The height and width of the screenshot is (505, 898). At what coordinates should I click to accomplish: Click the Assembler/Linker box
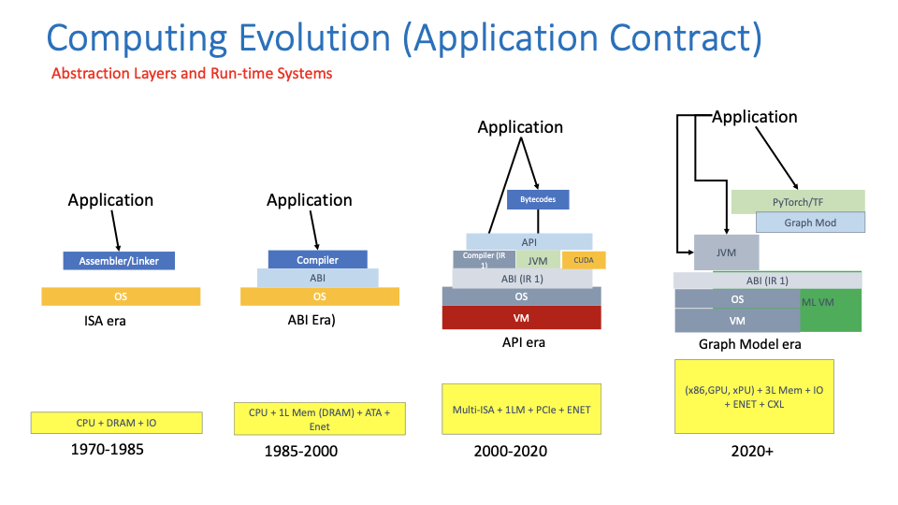[119, 261]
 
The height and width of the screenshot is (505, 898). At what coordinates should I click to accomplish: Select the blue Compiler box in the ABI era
[317, 259]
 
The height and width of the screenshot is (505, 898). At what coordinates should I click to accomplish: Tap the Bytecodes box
[537, 199]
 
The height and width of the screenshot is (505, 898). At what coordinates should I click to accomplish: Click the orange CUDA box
[584, 260]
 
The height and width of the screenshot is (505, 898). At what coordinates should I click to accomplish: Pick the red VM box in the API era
[521, 317]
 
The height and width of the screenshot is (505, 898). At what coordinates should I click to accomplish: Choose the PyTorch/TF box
[797, 201]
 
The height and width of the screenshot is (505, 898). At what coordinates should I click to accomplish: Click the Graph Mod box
[810, 223]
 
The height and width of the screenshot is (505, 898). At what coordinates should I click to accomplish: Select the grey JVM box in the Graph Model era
[726, 252]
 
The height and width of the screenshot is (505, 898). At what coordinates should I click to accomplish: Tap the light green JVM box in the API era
[537, 260]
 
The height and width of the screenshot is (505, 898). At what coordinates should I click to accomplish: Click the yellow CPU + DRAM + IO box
[116, 423]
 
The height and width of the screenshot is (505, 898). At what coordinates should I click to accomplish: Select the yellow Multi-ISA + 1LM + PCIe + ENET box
[521, 409]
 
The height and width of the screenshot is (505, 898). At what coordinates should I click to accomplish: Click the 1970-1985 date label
[107, 450]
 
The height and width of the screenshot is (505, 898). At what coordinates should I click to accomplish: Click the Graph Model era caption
[749, 344]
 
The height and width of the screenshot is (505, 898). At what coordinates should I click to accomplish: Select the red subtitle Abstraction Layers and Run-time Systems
[192, 73]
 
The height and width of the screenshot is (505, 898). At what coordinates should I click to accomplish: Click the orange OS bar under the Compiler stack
[319, 296]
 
